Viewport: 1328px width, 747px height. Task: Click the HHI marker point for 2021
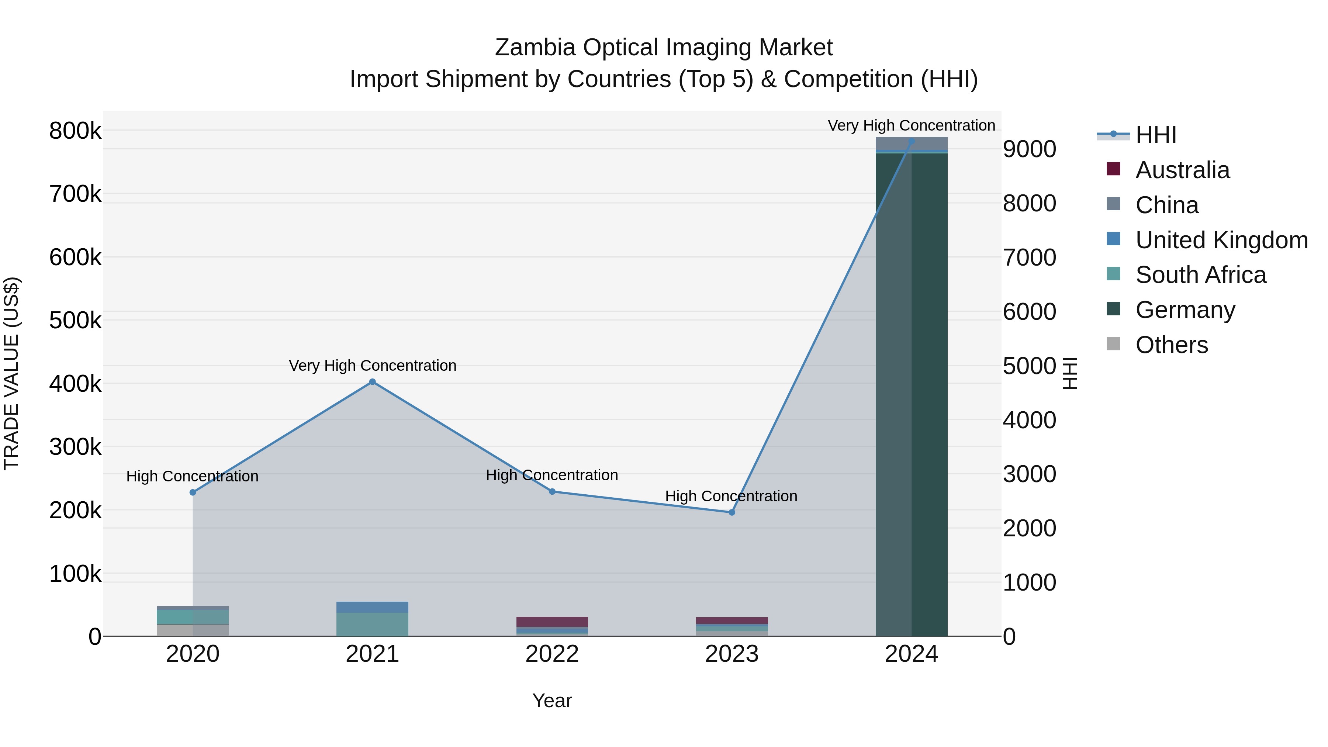[x=372, y=382]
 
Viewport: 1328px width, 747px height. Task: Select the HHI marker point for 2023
[x=731, y=512]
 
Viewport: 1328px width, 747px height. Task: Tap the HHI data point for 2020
[x=193, y=492]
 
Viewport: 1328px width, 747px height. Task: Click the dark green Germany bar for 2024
[x=912, y=392]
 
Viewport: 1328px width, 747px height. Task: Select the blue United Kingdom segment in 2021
[x=372, y=607]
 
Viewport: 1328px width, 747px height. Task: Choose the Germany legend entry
[x=1185, y=310]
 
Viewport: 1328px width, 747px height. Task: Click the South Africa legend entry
[x=1200, y=275]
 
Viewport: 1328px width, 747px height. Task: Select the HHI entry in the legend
[x=1155, y=135]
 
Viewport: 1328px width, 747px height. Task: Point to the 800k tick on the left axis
[x=75, y=131]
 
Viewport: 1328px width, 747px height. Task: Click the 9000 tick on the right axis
[x=1029, y=149]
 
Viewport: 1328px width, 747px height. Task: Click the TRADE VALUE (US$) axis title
[x=11, y=373]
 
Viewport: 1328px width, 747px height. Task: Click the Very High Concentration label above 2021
[x=372, y=366]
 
